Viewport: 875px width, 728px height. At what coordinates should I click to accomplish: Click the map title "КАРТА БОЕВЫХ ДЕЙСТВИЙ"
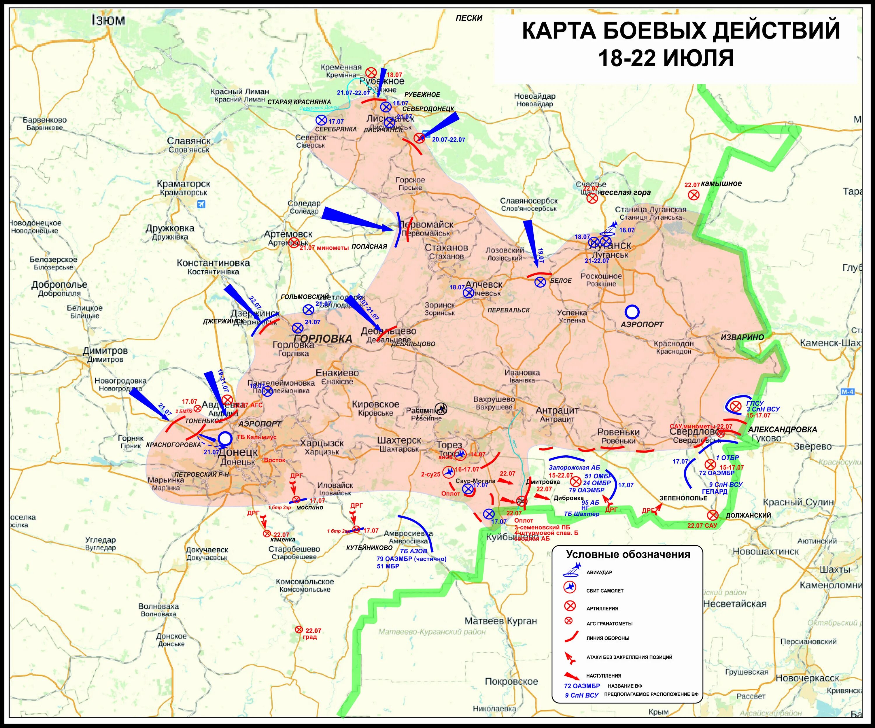pyautogui.click(x=681, y=31)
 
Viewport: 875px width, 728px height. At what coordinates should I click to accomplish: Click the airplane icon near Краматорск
pyautogui.click(x=202, y=204)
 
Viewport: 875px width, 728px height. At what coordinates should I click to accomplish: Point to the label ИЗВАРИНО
pyautogui.click(x=742, y=337)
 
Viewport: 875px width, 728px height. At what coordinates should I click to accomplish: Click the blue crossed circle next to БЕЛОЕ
pyautogui.click(x=540, y=282)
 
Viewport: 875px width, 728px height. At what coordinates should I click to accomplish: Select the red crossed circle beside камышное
pyautogui.click(x=693, y=195)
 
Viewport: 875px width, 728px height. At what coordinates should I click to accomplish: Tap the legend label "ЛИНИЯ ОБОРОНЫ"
pyautogui.click(x=608, y=638)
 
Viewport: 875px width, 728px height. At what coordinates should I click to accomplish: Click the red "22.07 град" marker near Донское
pyautogui.click(x=298, y=630)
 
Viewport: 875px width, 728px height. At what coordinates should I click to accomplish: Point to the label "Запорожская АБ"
pyautogui.click(x=574, y=468)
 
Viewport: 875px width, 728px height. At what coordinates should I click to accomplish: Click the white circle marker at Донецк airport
pyautogui.click(x=225, y=438)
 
